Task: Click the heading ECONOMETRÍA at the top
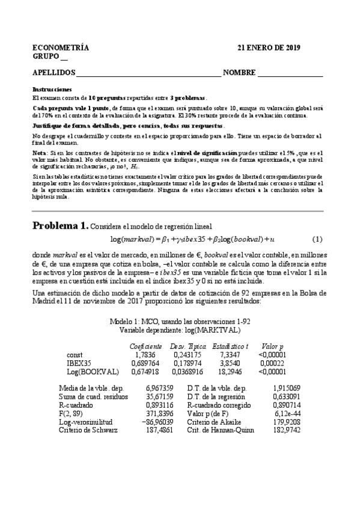click(x=61, y=48)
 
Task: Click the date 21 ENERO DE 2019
click(x=269, y=48)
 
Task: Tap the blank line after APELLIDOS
click(x=148, y=75)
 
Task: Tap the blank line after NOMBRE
click(x=290, y=75)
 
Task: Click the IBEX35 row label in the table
click(x=78, y=363)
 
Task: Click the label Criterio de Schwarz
click(x=88, y=430)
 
